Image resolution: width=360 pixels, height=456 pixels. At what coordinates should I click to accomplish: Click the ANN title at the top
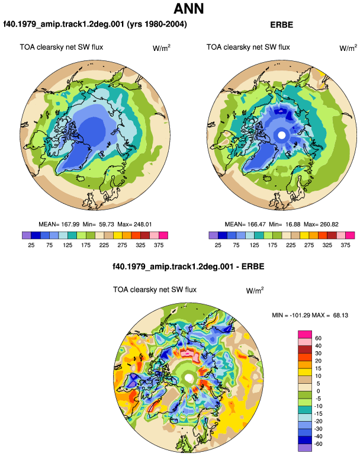click(189, 9)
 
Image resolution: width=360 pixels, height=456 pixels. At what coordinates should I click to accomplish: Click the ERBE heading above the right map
click(281, 25)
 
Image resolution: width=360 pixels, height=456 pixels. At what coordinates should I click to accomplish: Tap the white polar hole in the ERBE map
click(281, 135)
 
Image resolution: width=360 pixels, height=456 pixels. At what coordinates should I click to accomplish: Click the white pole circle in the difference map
click(189, 378)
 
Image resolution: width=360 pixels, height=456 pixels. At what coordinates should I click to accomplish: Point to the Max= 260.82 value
click(321, 224)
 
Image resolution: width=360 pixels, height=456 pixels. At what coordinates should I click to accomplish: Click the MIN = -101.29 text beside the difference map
click(291, 315)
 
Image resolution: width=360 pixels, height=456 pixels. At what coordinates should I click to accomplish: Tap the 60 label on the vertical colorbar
click(318, 338)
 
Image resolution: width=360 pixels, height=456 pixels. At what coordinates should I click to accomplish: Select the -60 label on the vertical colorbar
click(318, 444)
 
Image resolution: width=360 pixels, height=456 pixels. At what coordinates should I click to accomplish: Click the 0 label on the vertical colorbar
click(318, 391)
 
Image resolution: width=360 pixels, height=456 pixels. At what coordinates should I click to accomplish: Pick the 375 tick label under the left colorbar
click(159, 245)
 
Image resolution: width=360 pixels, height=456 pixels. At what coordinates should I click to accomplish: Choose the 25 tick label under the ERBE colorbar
click(218, 245)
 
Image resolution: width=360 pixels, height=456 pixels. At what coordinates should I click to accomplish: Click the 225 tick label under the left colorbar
click(104, 245)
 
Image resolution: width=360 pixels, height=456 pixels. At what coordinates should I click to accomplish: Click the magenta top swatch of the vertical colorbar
click(305, 335)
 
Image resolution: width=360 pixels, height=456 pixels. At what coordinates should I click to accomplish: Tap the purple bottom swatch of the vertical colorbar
click(305, 448)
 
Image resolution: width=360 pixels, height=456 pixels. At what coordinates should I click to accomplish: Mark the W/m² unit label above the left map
click(162, 48)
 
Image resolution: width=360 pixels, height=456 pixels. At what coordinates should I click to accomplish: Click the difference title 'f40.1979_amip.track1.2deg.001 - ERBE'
click(188, 266)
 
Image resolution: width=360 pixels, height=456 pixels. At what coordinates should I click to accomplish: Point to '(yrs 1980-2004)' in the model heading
click(157, 24)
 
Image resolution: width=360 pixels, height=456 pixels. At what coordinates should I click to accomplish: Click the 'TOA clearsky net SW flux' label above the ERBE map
click(248, 47)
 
